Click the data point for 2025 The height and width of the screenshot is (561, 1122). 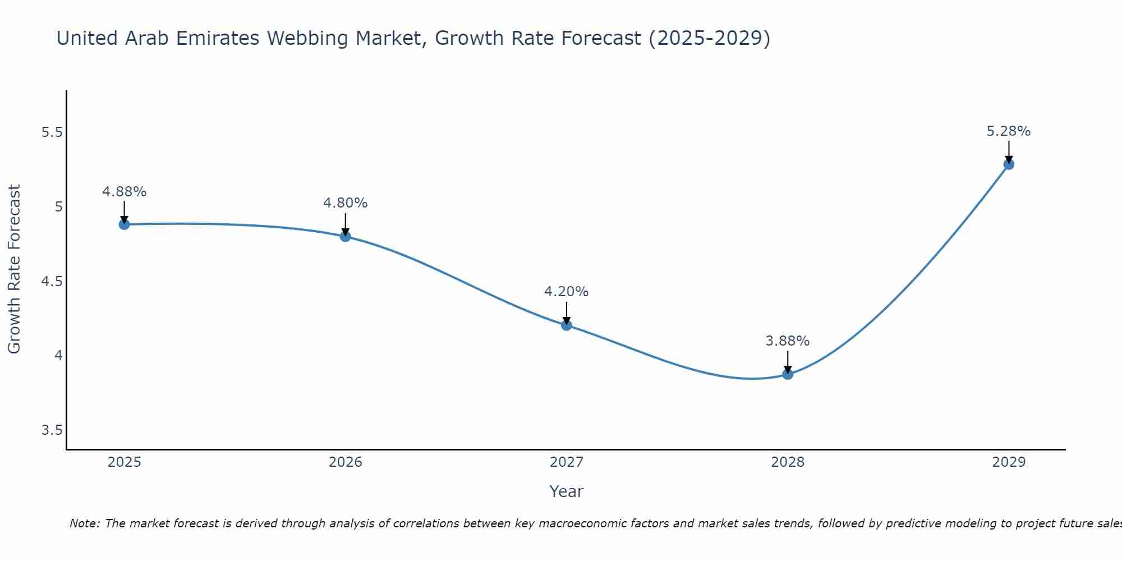tap(124, 224)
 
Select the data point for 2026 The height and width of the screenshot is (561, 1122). tap(345, 236)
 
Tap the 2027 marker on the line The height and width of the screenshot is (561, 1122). tap(567, 325)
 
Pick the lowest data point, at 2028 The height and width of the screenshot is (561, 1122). tap(788, 374)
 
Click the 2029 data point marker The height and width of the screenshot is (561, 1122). tap(1009, 164)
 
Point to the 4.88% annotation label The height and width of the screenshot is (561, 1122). tap(124, 192)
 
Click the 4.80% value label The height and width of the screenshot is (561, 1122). tap(345, 203)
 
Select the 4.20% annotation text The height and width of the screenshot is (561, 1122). tap(567, 292)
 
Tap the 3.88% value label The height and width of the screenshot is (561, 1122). tap(788, 341)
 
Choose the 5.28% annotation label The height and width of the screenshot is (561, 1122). tap(1009, 131)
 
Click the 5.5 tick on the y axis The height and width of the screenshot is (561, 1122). tap(52, 132)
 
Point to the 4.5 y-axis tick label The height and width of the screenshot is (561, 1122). tap(52, 281)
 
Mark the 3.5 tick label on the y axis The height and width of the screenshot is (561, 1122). tap(52, 430)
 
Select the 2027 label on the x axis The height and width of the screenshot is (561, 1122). tap(567, 462)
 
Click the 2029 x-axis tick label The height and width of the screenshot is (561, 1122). tap(1009, 462)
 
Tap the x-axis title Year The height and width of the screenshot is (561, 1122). tap(567, 491)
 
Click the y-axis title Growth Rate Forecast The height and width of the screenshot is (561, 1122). tap(14, 269)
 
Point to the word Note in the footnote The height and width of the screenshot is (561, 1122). tap(84, 523)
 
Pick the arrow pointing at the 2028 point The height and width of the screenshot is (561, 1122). tap(788, 362)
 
